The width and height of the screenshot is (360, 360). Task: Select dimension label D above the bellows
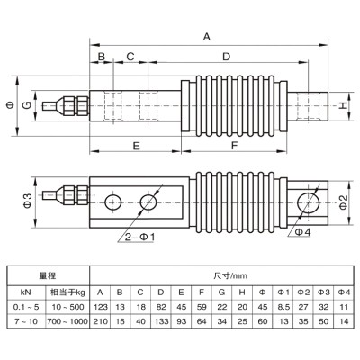pyautogui.click(x=225, y=57)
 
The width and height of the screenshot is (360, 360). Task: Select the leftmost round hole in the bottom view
pyautogui.click(x=113, y=200)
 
